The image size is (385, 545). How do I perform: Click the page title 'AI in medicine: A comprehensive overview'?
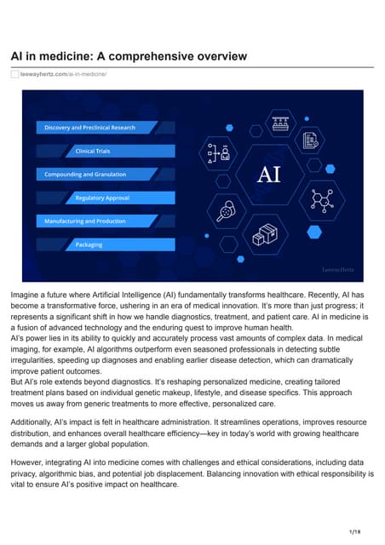[129, 56]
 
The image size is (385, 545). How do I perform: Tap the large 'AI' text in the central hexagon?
[270, 175]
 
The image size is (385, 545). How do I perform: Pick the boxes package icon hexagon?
[268, 233]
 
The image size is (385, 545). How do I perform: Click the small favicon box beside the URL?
[14, 75]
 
